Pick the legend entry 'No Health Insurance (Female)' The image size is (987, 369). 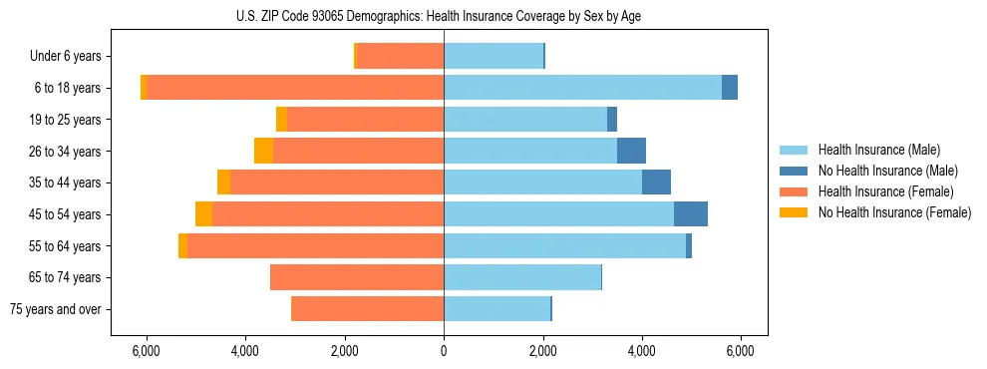coord(894,212)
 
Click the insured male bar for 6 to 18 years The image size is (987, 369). coord(582,88)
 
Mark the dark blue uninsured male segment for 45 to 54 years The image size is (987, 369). coord(691,214)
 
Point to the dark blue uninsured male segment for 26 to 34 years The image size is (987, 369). coord(631,151)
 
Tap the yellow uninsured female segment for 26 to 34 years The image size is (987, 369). coord(263,151)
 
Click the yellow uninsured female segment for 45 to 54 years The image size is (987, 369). coord(203,214)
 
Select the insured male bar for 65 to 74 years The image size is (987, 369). coord(522,277)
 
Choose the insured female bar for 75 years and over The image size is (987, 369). coord(368,309)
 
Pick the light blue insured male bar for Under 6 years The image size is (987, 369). coord(493,56)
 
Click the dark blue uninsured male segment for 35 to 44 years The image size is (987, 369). coord(656,183)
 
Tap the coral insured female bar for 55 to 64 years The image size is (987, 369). coord(315,245)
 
